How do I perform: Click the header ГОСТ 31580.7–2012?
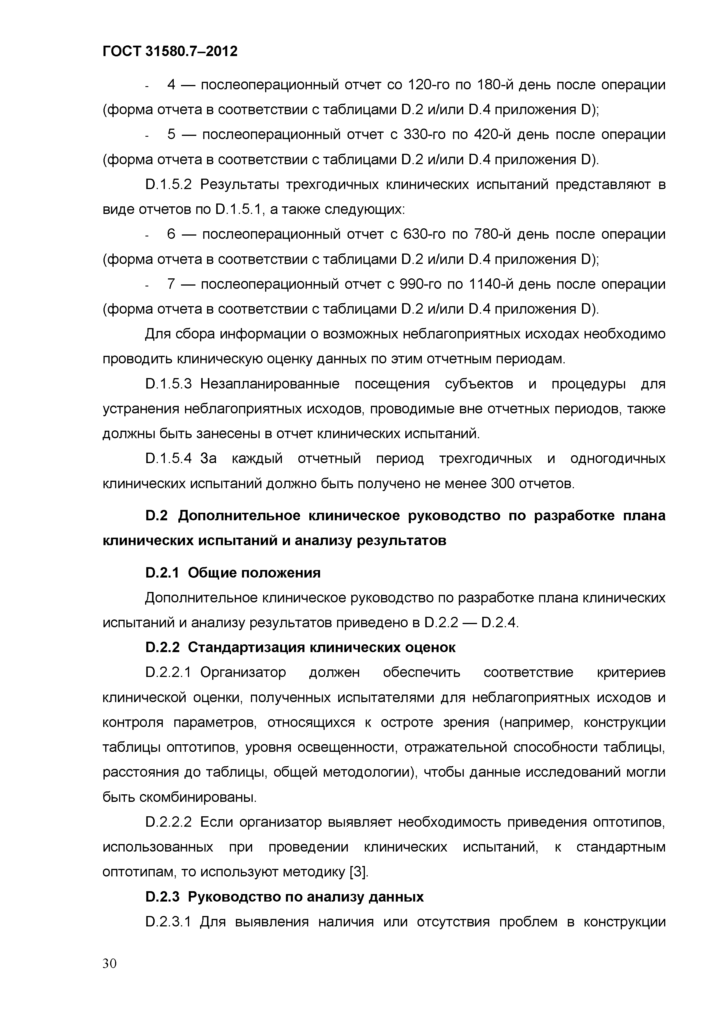(170, 52)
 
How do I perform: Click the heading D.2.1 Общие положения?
(233, 573)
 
